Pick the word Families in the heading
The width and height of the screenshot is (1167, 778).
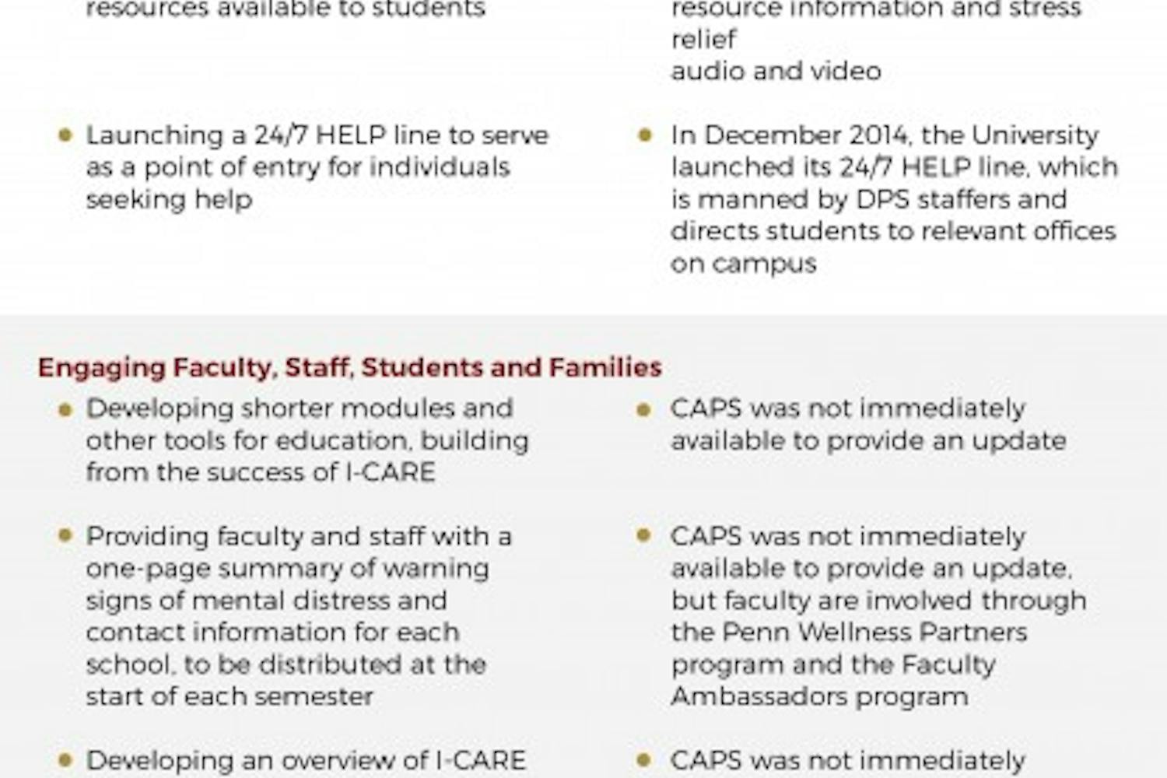tap(605, 367)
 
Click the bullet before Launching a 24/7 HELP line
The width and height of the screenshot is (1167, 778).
tap(65, 135)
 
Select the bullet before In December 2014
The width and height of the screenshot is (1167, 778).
tap(644, 135)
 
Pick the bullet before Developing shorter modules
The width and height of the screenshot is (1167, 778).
tap(65, 408)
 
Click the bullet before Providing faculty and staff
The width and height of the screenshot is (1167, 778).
tap(65, 536)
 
